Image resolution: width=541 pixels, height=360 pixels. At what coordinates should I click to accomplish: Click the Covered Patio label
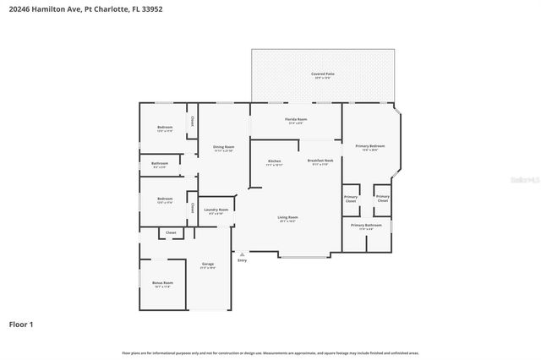[322, 74]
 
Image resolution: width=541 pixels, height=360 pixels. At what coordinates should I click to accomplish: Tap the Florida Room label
[295, 121]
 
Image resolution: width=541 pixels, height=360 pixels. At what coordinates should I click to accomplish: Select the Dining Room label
[223, 147]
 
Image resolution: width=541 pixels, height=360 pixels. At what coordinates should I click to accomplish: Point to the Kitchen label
[274, 161]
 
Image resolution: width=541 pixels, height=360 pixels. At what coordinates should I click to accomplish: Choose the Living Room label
[287, 217]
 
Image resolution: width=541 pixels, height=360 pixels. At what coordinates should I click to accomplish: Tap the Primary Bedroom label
[371, 146]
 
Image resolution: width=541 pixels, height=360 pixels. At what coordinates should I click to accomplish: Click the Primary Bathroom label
[366, 226]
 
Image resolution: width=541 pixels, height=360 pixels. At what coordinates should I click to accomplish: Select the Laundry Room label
[216, 210]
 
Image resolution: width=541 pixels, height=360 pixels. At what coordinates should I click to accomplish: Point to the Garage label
[207, 265]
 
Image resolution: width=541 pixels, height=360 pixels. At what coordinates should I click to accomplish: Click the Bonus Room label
[162, 283]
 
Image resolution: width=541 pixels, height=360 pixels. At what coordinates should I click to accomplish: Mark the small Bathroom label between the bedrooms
[160, 164]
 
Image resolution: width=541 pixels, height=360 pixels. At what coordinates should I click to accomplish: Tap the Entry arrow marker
[243, 253]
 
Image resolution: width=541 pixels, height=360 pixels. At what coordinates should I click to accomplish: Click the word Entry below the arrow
[243, 260]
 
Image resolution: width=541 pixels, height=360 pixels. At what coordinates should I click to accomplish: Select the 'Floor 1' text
[21, 324]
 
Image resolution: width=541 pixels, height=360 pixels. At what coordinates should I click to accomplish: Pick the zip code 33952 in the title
[152, 8]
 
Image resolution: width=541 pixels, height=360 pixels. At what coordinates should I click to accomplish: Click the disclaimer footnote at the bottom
[270, 352]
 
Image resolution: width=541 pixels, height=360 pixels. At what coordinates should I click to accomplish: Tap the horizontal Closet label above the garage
[171, 232]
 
